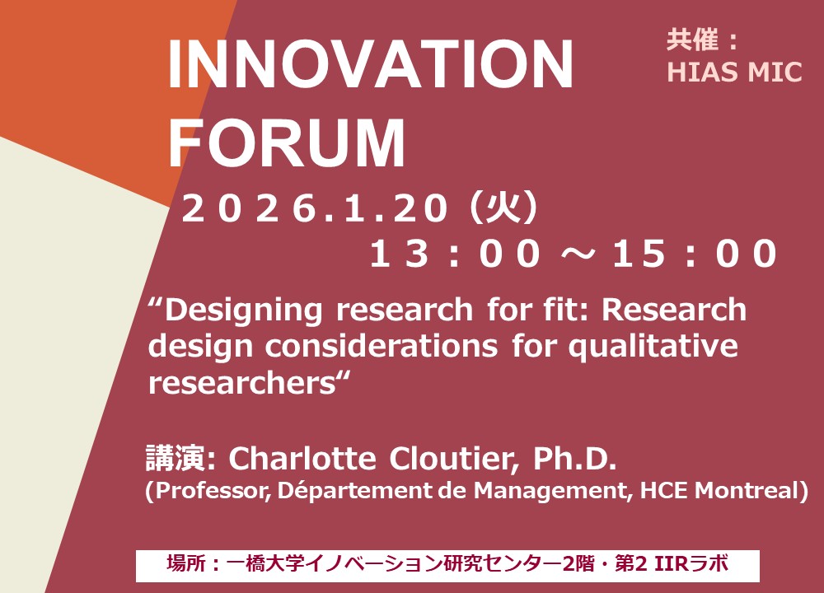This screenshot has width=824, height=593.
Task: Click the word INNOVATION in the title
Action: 370,64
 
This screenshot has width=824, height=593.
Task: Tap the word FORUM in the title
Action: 287,142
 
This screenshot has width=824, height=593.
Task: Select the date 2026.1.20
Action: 314,208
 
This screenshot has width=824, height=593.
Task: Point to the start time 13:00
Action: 455,254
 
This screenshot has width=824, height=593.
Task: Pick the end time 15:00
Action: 695,254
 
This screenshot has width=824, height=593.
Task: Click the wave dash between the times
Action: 577,254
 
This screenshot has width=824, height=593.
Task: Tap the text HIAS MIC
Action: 734,72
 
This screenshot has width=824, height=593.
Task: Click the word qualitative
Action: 653,348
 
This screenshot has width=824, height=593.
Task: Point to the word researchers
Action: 242,384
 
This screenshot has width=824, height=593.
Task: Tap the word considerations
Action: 381,346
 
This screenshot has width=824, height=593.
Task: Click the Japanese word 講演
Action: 175,459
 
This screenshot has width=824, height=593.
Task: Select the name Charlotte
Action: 302,459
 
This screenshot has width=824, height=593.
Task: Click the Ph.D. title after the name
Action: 574,459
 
